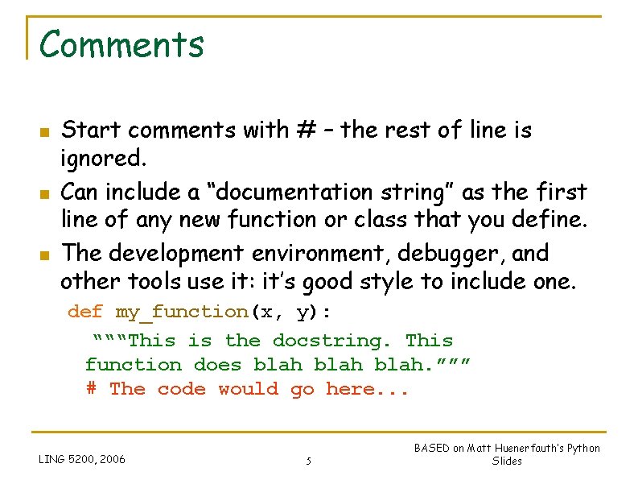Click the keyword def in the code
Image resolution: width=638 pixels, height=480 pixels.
pos(85,312)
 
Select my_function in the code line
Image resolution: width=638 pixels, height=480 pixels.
pos(181,312)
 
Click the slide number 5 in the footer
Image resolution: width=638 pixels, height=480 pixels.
pos(308,461)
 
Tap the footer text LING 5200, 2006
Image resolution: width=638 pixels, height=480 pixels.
pos(82,459)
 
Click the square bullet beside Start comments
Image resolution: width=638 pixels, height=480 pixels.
pos(45,131)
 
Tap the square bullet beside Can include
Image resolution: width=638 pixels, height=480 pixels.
pos(45,194)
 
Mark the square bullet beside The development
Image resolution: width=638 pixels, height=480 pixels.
pos(45,254)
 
